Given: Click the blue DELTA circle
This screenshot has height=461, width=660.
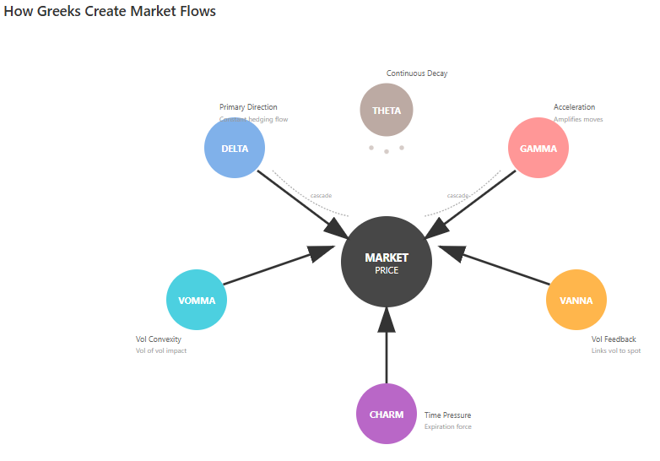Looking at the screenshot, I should tap(235, 149).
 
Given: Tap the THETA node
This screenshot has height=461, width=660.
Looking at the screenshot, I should tap(387, 111).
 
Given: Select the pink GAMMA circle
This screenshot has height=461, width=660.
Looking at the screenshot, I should tap(538, 149).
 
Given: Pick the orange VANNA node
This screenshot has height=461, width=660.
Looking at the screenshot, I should tap(576, 300).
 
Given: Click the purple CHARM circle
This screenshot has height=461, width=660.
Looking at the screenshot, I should tap(387, 414).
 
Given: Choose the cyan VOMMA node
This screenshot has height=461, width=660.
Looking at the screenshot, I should tap(197, 300).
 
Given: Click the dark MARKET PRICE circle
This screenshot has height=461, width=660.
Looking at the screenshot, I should tap(387, 262).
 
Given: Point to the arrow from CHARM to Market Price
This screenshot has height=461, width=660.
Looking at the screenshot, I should tap(387, 350).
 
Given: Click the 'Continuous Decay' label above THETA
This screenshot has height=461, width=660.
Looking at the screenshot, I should tap(417, 73).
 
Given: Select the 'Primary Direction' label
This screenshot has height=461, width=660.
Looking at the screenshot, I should tap(248, 107).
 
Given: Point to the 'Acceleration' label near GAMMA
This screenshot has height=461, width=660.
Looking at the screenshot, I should tap(574, 107).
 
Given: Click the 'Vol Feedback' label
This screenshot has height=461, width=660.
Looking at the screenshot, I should tap(614, 339).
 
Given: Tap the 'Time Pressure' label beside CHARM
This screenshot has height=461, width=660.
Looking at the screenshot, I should tap(447, 415).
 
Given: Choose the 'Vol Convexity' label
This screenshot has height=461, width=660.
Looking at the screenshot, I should tap(159, 339).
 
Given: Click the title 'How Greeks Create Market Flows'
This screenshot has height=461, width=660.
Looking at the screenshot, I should tap(110, 12).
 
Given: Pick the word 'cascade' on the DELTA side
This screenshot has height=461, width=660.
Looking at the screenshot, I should tap(321, 196).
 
